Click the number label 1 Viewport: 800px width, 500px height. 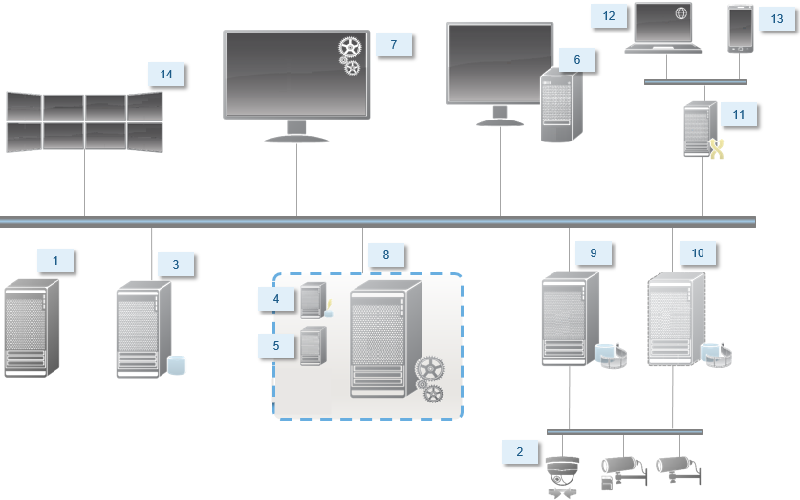point(55,261)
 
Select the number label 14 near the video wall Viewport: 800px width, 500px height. point(167,75)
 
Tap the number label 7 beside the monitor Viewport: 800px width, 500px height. point(393,45)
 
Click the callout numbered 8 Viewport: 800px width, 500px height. point(386,255)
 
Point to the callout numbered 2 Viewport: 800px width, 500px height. point(519,452)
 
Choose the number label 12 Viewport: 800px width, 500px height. point(608,16)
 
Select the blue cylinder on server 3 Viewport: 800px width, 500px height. point(175,365)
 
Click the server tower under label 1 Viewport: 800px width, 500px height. point(31,327)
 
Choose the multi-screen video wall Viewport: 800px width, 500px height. point(84,121)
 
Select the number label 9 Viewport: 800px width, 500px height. point(593,252)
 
